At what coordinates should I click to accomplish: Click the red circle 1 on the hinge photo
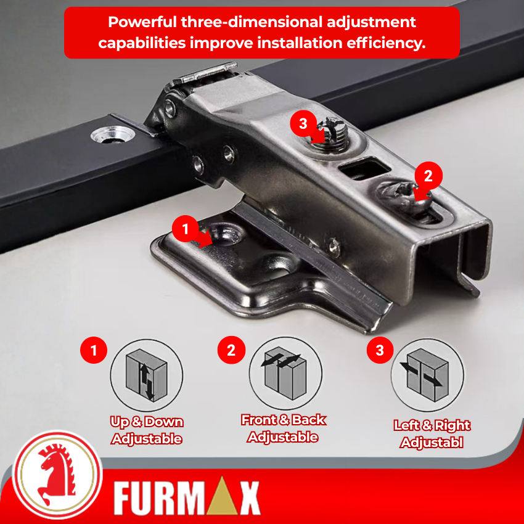click(x=186, y=229)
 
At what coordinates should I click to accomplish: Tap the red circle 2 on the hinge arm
click(x=428, y=176)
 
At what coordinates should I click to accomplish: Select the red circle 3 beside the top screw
click(x=303, y=124)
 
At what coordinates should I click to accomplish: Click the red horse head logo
click(x=57, y=473)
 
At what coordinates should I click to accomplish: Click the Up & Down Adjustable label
click(x=147, y=430)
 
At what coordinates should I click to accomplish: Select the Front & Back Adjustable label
click(x=284, y=428)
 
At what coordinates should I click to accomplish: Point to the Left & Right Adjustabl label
click(x=432, y=434)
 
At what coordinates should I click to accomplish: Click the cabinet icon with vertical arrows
click(x=146, y=375)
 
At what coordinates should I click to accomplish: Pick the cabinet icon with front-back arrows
click(x=285, y=373)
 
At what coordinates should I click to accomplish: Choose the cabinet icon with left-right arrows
click(x=427, y=375)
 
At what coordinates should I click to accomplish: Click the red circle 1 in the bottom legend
click(x=94, y=350)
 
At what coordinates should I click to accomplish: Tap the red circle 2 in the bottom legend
click(x=231, y=350)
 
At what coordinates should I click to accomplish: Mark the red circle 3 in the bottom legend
click(x=380, y=350)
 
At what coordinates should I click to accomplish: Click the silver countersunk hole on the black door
click(x=113, y=134)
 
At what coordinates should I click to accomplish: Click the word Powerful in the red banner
click(x=142, y=22)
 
